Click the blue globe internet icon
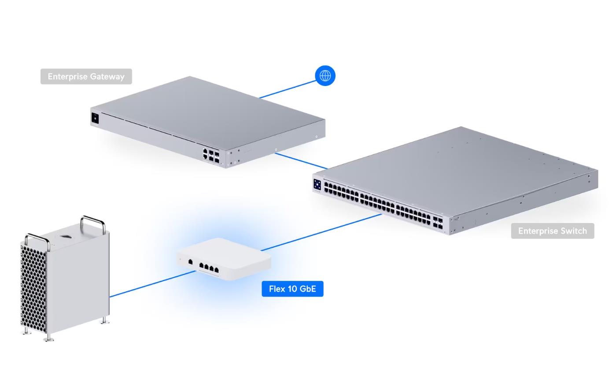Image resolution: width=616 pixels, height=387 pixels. coord(325,76)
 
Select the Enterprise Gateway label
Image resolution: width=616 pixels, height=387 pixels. coord(86,76)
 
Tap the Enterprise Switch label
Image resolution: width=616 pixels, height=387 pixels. coord(552,231)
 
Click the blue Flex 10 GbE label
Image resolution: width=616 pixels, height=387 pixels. coord(292,289)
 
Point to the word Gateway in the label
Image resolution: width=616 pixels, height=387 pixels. coord(107,76)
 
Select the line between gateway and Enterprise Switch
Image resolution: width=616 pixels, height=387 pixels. coord(301,161)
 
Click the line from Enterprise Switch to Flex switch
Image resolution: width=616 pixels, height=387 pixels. coord(321,233)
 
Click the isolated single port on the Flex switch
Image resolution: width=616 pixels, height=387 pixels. coord(190,262)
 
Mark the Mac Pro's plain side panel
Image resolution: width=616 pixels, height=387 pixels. coord(79,282)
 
